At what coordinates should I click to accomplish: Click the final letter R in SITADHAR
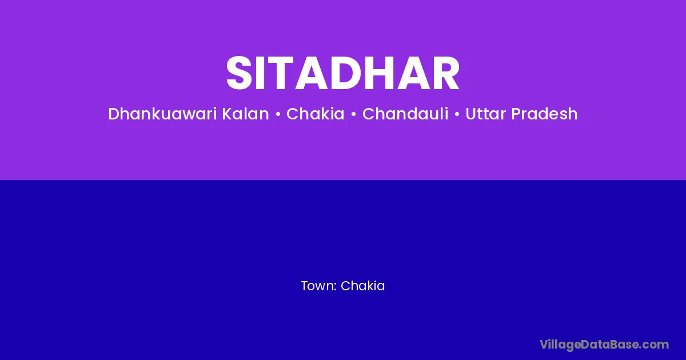(x=446, y=73)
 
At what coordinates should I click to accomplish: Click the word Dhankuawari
(x=163, y=114)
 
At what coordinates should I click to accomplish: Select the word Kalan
(x=245, y=114)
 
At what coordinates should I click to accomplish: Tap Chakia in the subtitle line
(x=316, y=114)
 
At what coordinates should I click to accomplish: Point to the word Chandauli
(x=405, y=114)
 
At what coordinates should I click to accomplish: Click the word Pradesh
(x=544, y=114)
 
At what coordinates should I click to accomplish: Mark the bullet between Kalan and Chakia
(x=278, y=114)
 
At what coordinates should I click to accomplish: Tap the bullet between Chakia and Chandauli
(x=354, y=114)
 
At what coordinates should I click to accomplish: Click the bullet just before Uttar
(x=457, y=114)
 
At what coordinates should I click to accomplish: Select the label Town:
(x=319, y=286)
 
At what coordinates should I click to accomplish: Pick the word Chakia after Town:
(x=362, y=286)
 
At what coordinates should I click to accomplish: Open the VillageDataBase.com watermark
(x=604, y=345)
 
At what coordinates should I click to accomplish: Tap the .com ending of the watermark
(x=655, y=345)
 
